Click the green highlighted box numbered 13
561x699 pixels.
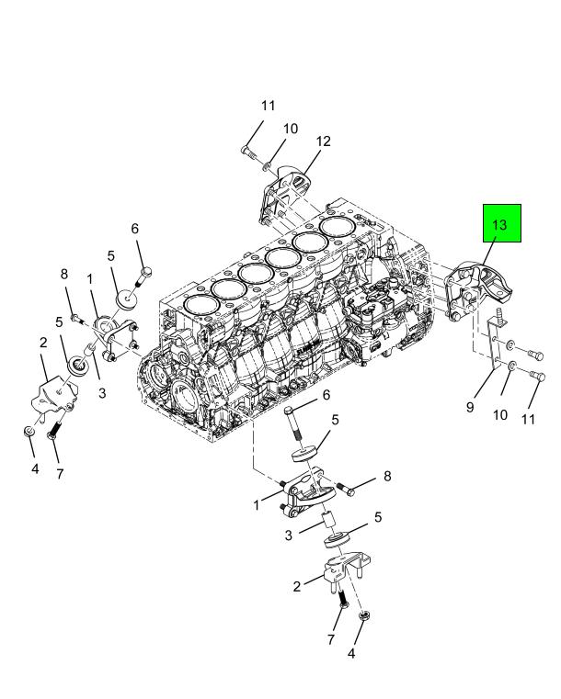coord(503,224)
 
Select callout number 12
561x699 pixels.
coord(323,141)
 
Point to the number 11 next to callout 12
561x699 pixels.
coord(268,106)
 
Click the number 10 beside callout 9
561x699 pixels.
coord(500,414)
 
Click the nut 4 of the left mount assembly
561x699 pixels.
coord(29,431)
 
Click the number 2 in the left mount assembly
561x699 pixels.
coord(42,342)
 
